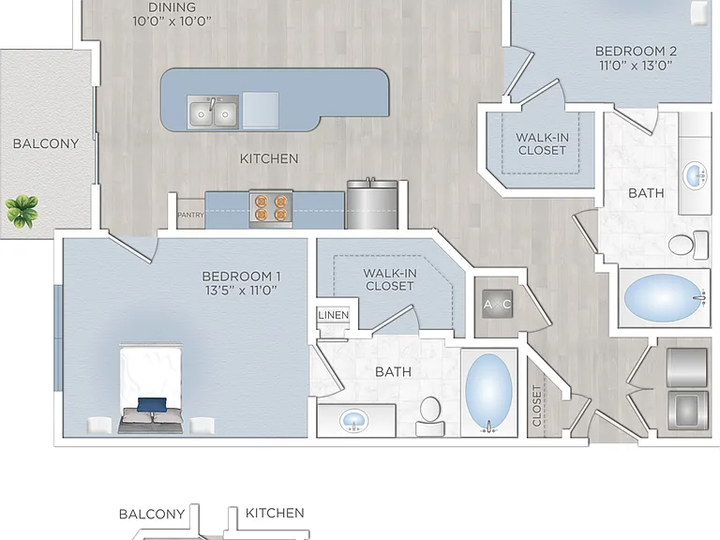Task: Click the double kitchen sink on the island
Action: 213,112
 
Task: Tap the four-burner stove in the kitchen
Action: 271,209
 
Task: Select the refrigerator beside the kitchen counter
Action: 372,204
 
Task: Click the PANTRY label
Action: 190,215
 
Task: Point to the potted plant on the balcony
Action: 22,211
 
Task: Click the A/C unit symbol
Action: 497,304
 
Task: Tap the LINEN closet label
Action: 334,315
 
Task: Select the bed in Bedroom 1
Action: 151,388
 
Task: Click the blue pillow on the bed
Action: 152,405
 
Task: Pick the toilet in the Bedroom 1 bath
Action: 430,416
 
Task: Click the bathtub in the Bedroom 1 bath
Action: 488,393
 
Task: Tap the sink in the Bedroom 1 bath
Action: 353,421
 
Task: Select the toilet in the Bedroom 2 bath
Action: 688,245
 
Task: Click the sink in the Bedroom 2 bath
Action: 696,175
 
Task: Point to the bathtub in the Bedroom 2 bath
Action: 664,298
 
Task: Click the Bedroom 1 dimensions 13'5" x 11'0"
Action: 241,291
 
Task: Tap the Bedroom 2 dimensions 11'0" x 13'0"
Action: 636,66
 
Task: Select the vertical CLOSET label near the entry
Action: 536,406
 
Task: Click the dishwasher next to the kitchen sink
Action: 261,112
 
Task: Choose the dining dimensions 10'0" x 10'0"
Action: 172,22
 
